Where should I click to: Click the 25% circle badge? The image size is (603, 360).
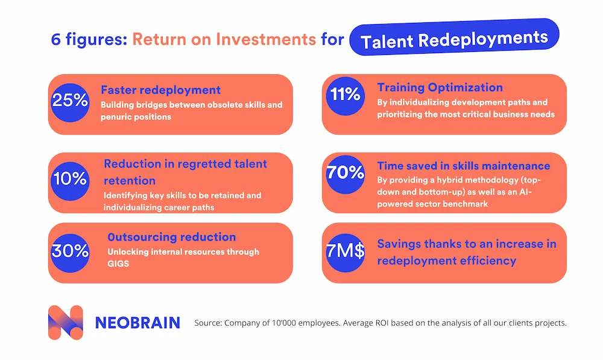[x=71, y=101]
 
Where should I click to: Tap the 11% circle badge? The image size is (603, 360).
[x=344, y=95]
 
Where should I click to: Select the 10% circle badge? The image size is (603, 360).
[x=71, y=178]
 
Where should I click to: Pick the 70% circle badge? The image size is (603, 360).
[x=344, y=172]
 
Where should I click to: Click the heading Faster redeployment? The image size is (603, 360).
[x=160, y=90]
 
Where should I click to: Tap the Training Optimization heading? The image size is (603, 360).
[x=440, y=87]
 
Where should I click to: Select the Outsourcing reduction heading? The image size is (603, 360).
[x=171, y=237]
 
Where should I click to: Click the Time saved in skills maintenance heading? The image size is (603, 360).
[x=463, y=165]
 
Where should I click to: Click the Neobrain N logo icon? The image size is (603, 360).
[x=65, y=323]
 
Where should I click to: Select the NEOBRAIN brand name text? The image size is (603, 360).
[x=137, y=323]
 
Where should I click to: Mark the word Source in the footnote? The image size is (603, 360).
[x=207, y=323]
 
